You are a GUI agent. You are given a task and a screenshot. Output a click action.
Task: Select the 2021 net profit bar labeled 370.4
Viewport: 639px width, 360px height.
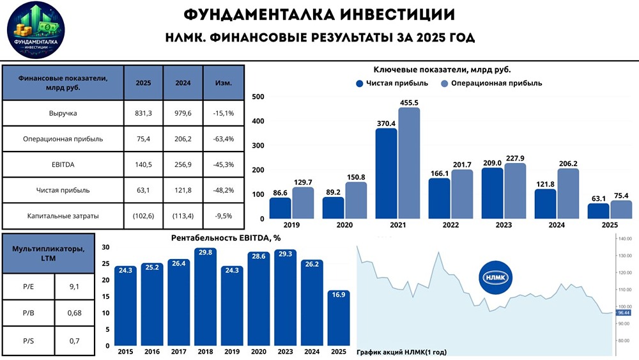[x=386, y=173]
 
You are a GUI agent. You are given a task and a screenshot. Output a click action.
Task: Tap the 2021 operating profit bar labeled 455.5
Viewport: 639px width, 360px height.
[x=409, y=162]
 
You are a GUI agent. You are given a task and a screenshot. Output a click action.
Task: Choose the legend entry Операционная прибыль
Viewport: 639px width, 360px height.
[x=491, y=83]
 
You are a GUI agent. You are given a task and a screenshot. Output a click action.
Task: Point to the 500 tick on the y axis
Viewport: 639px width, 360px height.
[x=258, y=97]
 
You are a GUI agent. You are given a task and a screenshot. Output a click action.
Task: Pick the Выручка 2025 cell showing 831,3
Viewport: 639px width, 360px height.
[x=144, y=113]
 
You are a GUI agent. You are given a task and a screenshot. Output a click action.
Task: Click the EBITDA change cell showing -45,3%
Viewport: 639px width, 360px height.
[x=223, y=164]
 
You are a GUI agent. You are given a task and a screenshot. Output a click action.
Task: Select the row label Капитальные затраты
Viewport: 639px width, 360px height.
[x=63, y=215]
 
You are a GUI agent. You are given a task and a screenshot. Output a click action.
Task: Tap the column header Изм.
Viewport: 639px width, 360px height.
[x=223, y=83]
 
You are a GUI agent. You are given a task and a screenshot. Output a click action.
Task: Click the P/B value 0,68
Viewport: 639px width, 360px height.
[x=75, y=314]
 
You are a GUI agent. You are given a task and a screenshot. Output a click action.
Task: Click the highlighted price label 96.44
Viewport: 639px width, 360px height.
[x=622, y=313]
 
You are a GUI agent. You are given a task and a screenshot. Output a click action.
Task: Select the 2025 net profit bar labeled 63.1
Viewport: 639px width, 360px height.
[x=599, y=210]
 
